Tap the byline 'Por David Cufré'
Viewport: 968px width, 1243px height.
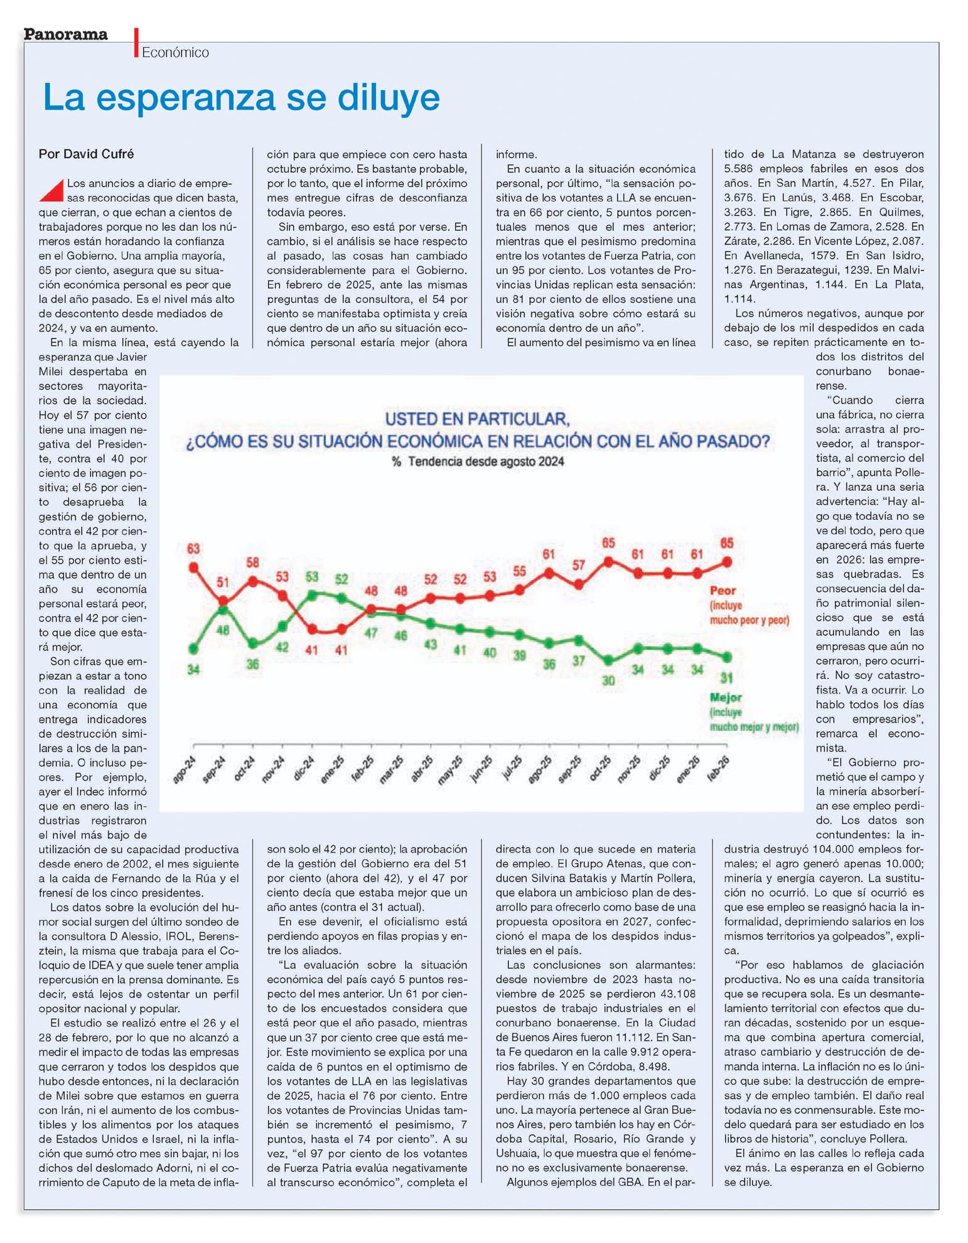click(x=86, y=154)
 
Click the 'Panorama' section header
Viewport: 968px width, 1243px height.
click(x=65, y=34)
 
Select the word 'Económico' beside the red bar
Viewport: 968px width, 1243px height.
click(x=175, y=53)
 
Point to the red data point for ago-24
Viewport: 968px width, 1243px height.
click(x=193, y=568)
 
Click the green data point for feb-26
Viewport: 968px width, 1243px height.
click(x=727, y=657)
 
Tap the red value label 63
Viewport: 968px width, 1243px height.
click(x=193, y=549)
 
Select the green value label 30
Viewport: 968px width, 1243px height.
click(x=608, y=680)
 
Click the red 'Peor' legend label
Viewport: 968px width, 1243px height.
click(x=722, y=591)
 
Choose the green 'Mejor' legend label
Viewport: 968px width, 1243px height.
click(x=726, y=697)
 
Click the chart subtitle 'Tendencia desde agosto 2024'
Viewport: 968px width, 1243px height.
click(x=485, y=461)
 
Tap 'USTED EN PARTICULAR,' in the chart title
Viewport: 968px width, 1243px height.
click(x=477, y=419)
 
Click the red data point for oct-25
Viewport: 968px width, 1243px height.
click(x=608, y=562)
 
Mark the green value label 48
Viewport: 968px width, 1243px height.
click(x=223, y=630)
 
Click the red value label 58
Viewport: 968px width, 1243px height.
click(x=252, y=562)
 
